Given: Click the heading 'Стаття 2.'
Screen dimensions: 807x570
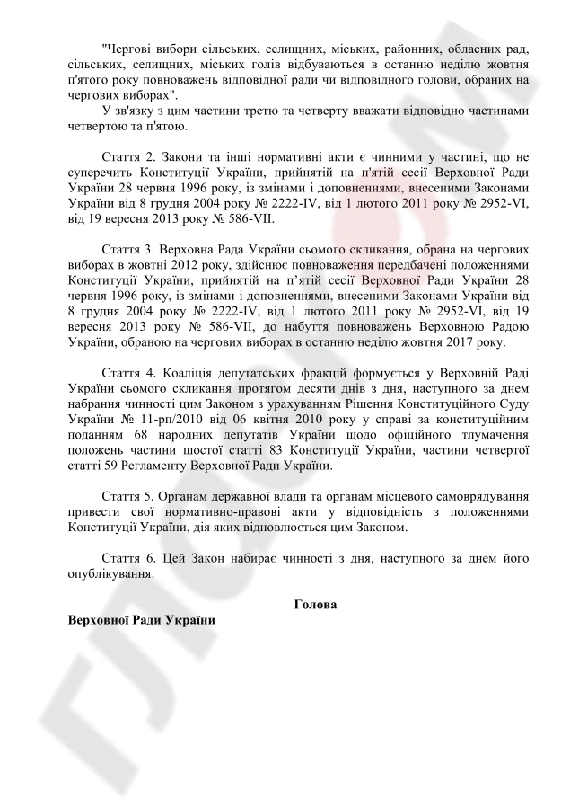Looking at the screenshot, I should click(131, 155).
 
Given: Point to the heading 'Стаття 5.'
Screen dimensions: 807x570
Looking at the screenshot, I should click(131, 495).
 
